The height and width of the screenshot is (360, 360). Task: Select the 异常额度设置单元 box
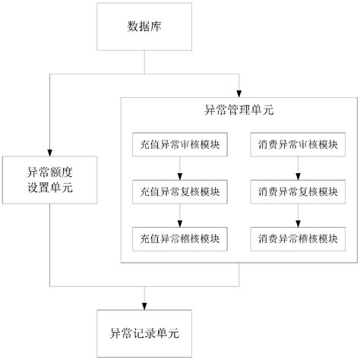48,178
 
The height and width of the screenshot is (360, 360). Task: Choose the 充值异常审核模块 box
179,144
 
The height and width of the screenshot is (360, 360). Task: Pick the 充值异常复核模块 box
179,191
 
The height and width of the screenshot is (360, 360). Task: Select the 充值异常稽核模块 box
179,238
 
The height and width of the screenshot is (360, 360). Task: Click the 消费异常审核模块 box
297,144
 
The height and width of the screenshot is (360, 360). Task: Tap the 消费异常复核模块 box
297,191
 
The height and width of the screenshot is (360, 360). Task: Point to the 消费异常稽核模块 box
297,238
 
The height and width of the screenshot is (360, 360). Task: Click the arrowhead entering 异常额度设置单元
48,150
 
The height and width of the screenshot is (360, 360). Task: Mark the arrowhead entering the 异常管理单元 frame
239,91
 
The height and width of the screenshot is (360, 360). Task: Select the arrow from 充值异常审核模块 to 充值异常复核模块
179,168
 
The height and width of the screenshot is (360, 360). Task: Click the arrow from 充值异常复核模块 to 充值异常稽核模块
179,215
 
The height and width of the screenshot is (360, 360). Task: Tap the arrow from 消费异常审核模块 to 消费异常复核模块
297,168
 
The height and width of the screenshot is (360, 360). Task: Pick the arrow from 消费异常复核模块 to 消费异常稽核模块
297,215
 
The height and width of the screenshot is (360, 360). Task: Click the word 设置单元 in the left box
48,187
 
